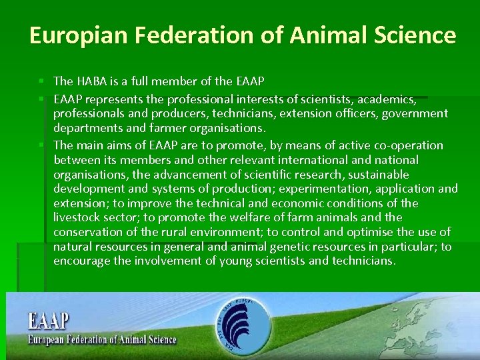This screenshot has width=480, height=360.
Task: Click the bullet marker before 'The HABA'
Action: [42, 81]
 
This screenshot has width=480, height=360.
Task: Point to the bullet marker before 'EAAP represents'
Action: [42, 99]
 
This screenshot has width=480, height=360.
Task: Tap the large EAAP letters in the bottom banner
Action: [48, 321]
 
